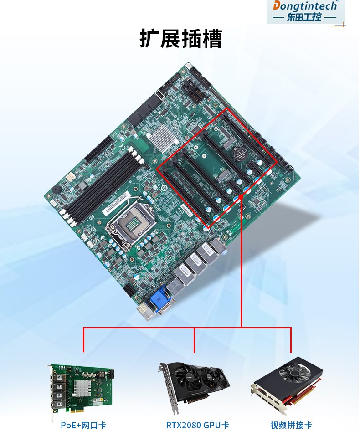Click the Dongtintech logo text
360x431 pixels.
click(305, 5)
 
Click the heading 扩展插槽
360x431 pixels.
click(181, 38)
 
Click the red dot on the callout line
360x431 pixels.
click(241, 196)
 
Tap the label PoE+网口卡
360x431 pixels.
click(83, 425)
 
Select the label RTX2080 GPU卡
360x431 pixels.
click(197, 425)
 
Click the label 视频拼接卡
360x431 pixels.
click(291, 425)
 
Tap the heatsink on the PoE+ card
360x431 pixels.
click(82, 388)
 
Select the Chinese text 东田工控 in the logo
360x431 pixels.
click(304, 17)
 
